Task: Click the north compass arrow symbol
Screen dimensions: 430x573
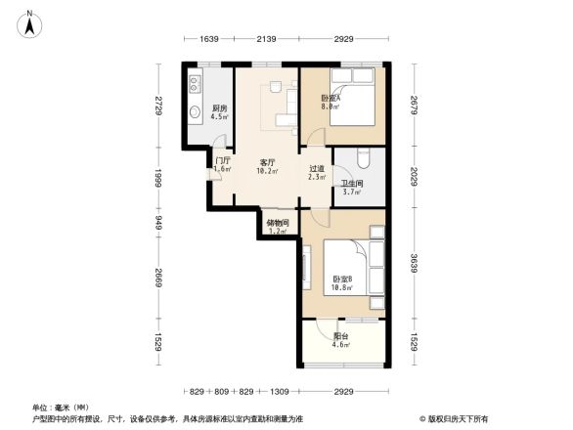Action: pyautogui.click(x=30, y=23)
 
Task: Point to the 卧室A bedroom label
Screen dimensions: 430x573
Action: pyautogui.click(x=331, y=100)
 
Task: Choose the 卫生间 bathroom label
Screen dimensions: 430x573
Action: pyautogui.click(x=352, y=186)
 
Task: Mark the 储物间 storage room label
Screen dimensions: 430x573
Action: pyautogui.click(x=278, y=226)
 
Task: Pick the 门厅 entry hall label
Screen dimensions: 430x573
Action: pyautogui.click(x=223, y=163)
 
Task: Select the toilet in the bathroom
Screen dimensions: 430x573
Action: pyautogui.click(x=364, y=156)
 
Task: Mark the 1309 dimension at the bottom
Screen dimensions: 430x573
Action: pyautogui.click(x=280, y=391)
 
